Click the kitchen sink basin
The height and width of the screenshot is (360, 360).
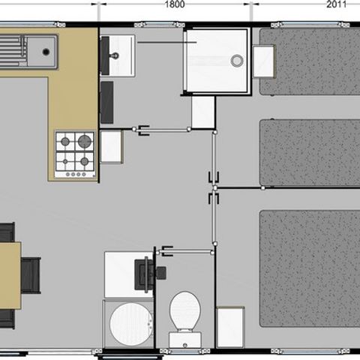pos(42,51)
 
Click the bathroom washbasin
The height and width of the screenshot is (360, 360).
pos(117,53)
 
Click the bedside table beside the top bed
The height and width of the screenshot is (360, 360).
pos(264,61)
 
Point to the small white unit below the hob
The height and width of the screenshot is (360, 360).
pos(111,146)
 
